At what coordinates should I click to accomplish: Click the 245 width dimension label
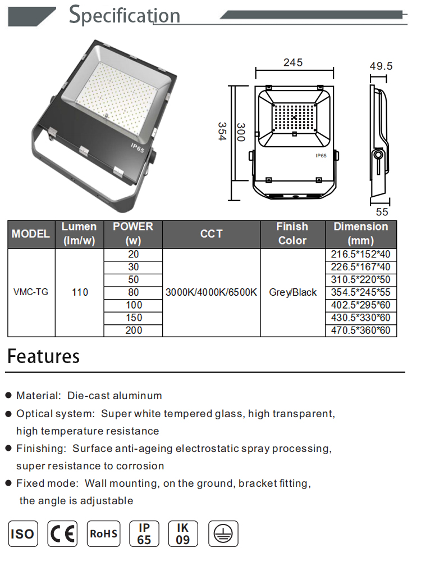pos(293,62)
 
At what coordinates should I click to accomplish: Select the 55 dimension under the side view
pos(382,212)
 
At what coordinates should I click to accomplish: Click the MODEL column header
pos(31,234)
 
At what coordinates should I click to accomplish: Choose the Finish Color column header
pos(292,234)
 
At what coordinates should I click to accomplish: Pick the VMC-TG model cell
pos(30,292)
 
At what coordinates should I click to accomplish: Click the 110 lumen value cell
pos(80,292)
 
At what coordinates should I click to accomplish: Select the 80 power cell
pos(134,292)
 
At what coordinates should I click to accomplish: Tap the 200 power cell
pos(134,331)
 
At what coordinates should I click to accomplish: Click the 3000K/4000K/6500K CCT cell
pos(211,292)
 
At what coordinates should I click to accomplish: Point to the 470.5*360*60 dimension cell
pos(361,331)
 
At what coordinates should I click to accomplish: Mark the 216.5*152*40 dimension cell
pos(361,254)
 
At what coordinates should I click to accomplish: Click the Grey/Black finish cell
pos(292,292)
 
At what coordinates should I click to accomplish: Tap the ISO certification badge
pos(22,533)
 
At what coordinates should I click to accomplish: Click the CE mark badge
pos(62,533)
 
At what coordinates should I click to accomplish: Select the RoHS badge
pos(104,533)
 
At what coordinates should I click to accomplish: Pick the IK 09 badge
pos(183,533)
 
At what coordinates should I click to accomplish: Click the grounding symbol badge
pos(223,533)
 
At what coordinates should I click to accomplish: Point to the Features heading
pos(43,356)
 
